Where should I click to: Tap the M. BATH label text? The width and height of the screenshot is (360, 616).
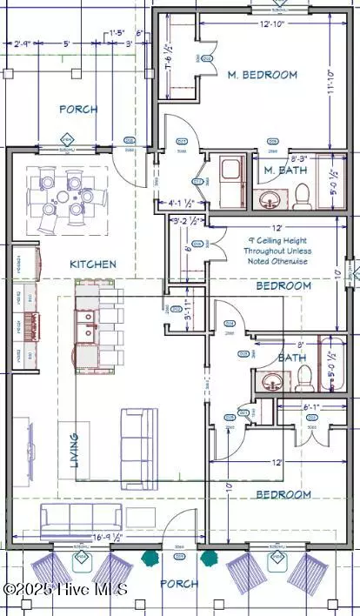coord(282,171)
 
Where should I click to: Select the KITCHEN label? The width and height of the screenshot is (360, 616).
coord(93,263)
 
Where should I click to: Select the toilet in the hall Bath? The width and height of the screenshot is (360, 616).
coord(304,377)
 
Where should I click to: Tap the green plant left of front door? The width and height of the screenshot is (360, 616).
coord(151,556)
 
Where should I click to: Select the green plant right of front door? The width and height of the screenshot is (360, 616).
coord(208,556)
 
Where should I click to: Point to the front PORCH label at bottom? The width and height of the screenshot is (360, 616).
coord(180,584)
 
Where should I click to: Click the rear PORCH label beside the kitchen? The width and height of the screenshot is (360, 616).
coord(77,110)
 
